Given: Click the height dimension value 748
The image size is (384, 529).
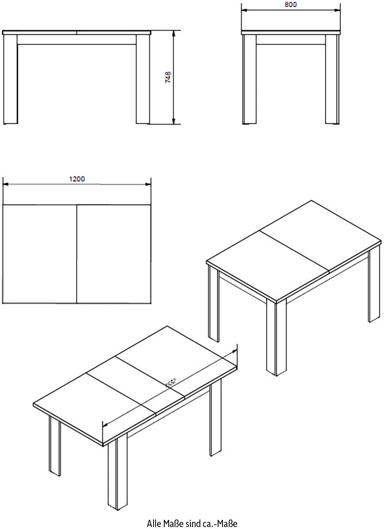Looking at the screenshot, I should [x=168, y=77].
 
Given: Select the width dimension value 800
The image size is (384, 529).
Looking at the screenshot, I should [x=291, y=5].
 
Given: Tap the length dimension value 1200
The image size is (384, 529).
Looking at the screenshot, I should [x=77, y=179].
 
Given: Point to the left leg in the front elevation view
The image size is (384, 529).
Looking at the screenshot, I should [x=11, y=79].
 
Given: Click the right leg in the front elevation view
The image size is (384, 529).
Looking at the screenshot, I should [x=143, y=79].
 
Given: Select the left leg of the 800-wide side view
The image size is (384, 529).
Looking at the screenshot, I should [x=249, y=79].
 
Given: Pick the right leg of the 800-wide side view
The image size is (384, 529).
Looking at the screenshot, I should [x=332, y=79].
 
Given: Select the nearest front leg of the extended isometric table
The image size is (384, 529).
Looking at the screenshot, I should [x=112, y=475].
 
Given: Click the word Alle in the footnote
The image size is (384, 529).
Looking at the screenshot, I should [x=154, y=523].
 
